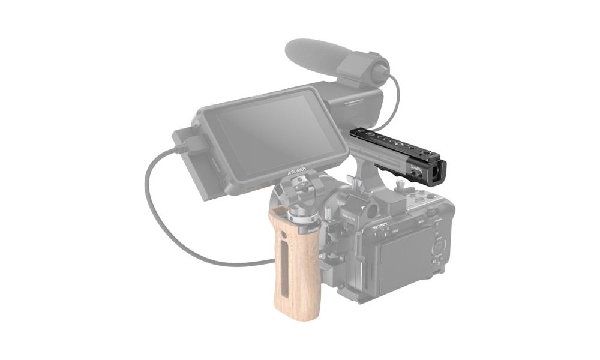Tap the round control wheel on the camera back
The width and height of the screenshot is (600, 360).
439,247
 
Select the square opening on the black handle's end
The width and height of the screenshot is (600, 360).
433,175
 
